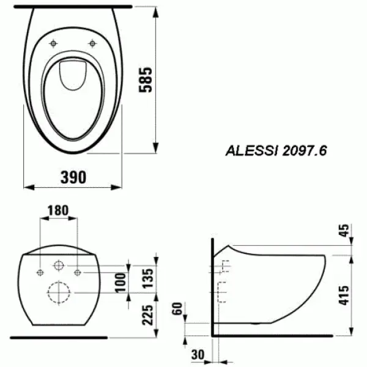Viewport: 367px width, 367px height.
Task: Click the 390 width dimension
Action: click(x=73, y=177)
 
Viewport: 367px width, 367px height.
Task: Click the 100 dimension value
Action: click(x=122, y=283)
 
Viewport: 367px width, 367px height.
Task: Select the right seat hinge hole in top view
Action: click(x=93, y=43)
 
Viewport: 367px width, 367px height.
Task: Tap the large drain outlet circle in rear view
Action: click(x=59, y=292)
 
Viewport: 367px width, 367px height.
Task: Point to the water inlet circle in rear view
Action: click(x=59, y=266)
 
